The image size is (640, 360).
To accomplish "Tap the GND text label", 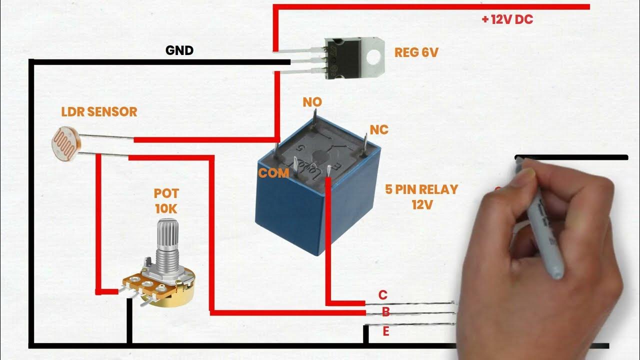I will (x=179, y=50).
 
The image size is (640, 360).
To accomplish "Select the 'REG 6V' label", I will (x=416, y=52).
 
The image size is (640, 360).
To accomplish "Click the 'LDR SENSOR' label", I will (x=99, y=111).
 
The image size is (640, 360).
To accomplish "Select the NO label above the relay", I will (x=312, y=102).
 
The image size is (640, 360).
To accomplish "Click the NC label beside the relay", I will (x=378, y=129).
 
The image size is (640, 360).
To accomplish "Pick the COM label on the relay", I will (x=273, y=173).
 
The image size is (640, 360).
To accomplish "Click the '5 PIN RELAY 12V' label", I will (x=421, y=196).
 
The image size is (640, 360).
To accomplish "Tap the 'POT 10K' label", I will (x=166, y=201).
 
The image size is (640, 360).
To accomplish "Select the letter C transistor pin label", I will (x=383, y=295).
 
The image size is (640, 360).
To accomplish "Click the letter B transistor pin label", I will (x=385, y=312).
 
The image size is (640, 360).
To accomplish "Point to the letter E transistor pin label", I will (x=385, y=331).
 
